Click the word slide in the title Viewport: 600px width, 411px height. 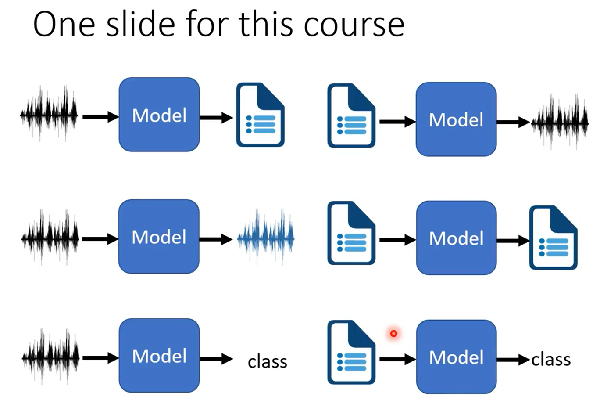(x=141, y=24)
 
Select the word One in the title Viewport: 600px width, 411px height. (x=64, y=25)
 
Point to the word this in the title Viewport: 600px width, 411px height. (x=265, y=24)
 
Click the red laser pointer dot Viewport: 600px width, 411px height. (x=393, y=334)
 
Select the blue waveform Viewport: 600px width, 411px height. (x=266, y=238)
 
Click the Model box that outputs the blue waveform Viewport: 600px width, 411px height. (x=159, y=237)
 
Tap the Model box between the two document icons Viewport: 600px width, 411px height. (x=456, y=238)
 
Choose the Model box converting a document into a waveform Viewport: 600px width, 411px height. (x=456, y=119)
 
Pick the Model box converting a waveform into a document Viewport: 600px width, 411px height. (x=159, y=115)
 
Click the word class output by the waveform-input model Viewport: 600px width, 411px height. (x=267, y=362)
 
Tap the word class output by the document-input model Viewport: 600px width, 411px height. (x=551, y=360)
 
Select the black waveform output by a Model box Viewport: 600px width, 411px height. (x=560, y=122)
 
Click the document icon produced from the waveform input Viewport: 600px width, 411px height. (x=261, y=115)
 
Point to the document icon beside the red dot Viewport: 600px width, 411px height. (x=351, y=352)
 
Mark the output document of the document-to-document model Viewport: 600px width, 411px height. (x=554, y=237)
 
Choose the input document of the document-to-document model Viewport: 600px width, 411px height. (x=351, y=233)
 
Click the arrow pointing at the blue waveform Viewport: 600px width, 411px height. (x=216, y=239)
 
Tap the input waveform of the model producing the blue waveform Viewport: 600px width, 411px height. (x=50, y=238)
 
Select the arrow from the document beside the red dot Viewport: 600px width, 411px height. (x=398, y=359)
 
